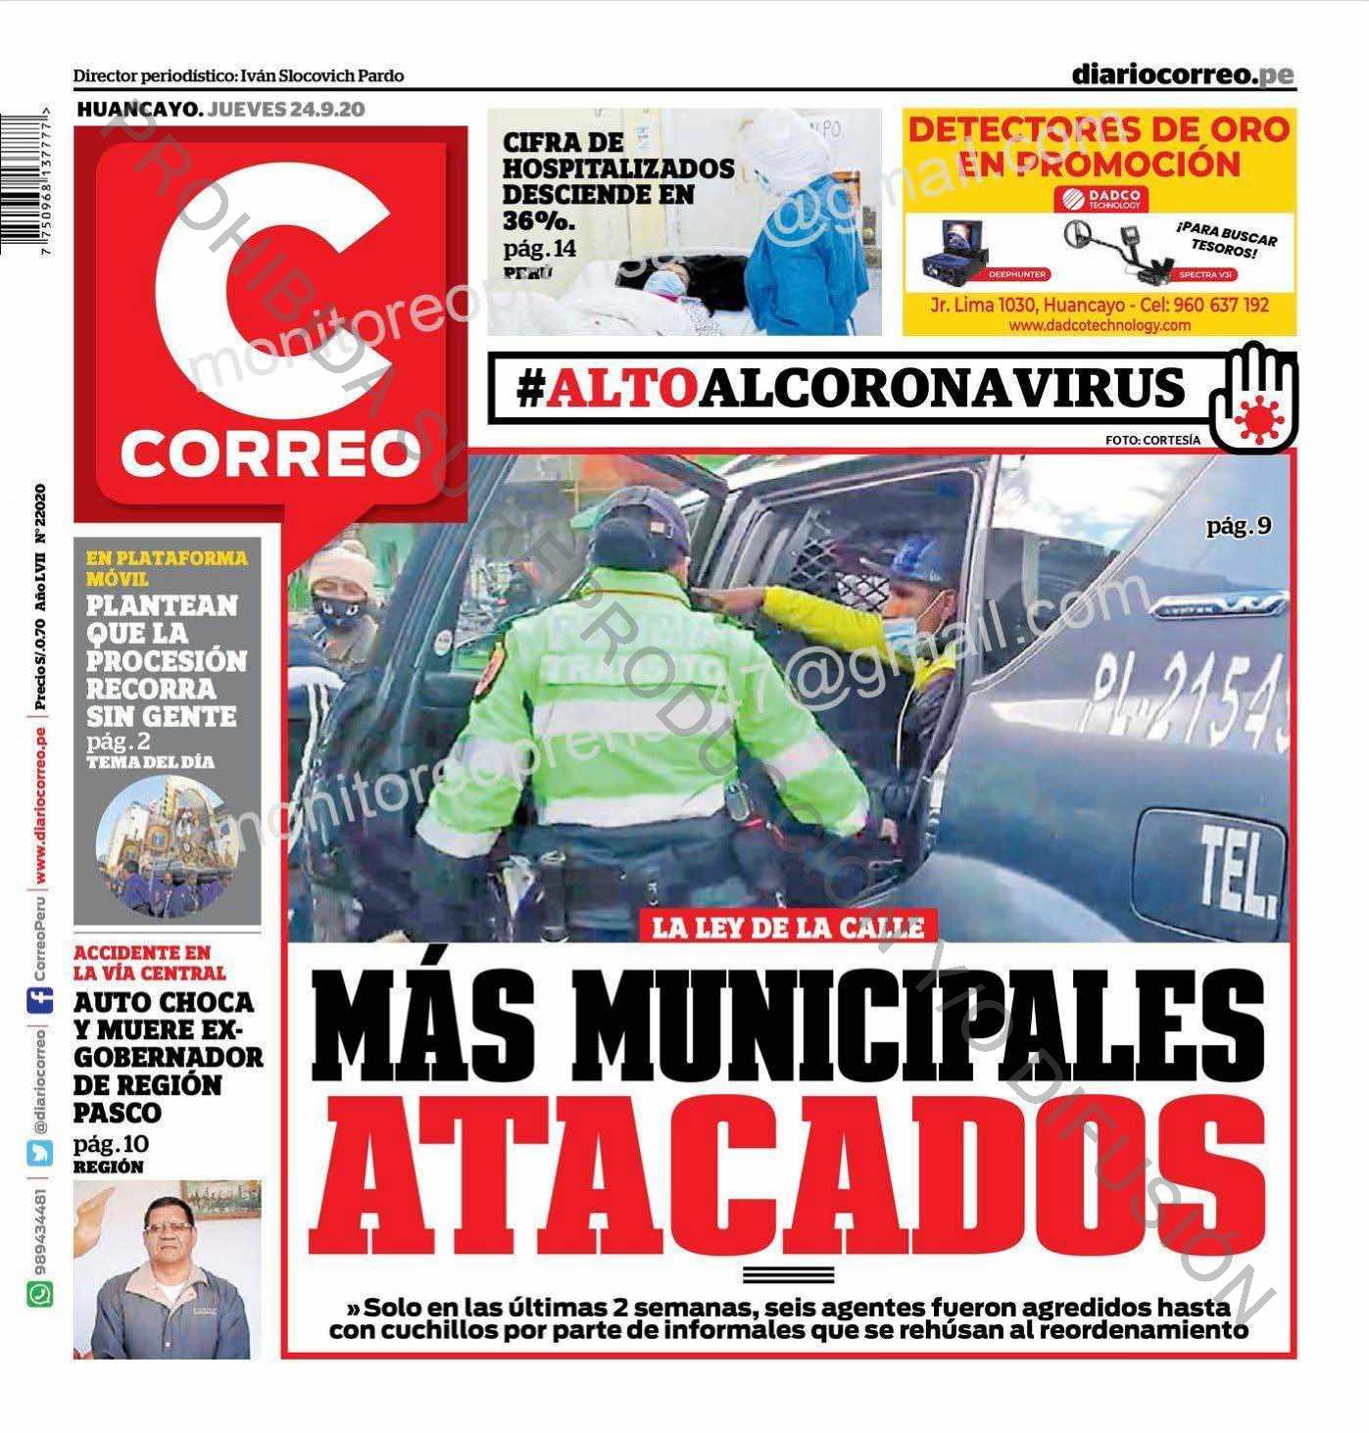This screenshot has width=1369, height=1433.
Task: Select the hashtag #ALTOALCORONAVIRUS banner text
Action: pos(851,388)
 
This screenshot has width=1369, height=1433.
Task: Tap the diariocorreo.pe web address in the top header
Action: pos(1182,74)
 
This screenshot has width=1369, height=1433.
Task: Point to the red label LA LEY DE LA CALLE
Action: pos(788,927)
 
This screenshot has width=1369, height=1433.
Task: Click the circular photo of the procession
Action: pos(168,846)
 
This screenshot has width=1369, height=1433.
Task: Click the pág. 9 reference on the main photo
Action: pos(1239,526)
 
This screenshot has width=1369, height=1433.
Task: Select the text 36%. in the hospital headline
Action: pos(539,220)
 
